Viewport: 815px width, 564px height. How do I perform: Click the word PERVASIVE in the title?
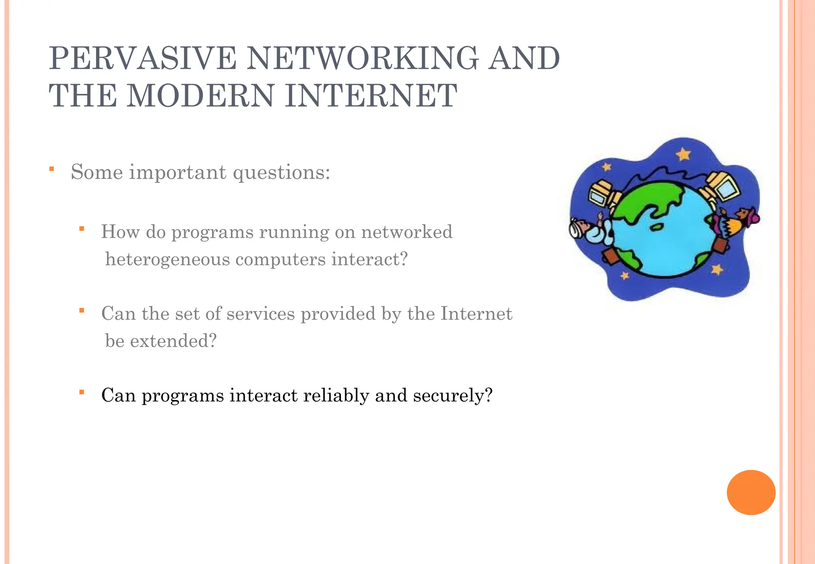point(143,58)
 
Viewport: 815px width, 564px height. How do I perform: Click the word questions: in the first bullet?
point(281,173)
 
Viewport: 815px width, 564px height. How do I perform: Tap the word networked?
point(407,232)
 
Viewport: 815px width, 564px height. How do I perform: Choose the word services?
point(261,313)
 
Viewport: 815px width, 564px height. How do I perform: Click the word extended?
point(174,341)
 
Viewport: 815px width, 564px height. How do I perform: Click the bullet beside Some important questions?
point(52,169)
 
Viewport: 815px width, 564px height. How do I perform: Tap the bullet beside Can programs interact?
point(82,393)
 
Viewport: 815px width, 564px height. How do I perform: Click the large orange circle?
point(751,492)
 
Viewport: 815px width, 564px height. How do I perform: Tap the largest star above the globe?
point(683,154)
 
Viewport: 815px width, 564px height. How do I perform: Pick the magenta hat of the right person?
point(752,217)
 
